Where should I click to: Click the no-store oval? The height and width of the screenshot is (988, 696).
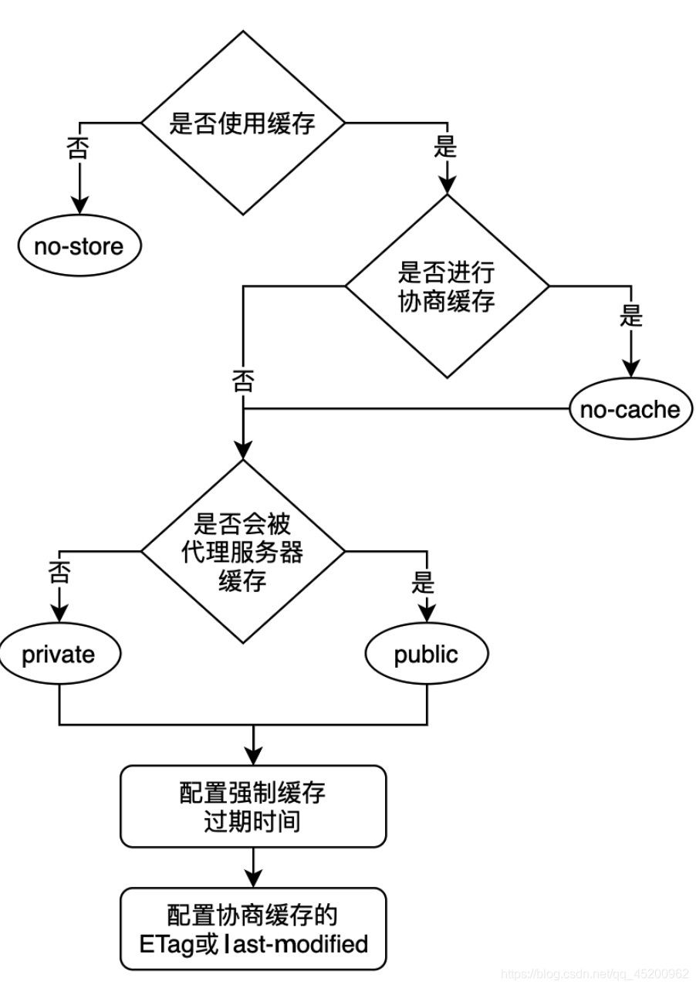79,245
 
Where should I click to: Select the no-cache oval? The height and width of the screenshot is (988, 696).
630,409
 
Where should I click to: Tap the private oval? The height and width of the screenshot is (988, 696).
59,654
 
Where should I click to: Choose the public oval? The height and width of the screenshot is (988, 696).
427,654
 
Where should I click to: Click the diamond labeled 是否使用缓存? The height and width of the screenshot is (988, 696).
242,123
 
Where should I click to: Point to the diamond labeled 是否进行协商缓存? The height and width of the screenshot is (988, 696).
447,286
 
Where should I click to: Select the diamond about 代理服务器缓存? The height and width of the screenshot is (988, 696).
242,551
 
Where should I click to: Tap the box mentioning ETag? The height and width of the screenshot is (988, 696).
253,929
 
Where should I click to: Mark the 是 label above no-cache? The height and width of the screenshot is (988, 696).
630,316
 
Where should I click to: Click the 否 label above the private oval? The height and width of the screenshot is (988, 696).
59,572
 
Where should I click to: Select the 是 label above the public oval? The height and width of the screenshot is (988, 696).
423,582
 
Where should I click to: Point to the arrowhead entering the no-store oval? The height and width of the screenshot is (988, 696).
79,205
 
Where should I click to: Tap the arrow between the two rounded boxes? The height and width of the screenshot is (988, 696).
253,868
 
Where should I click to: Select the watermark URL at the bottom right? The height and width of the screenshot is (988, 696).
596,973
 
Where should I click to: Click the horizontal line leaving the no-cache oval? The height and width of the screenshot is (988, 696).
406,409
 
